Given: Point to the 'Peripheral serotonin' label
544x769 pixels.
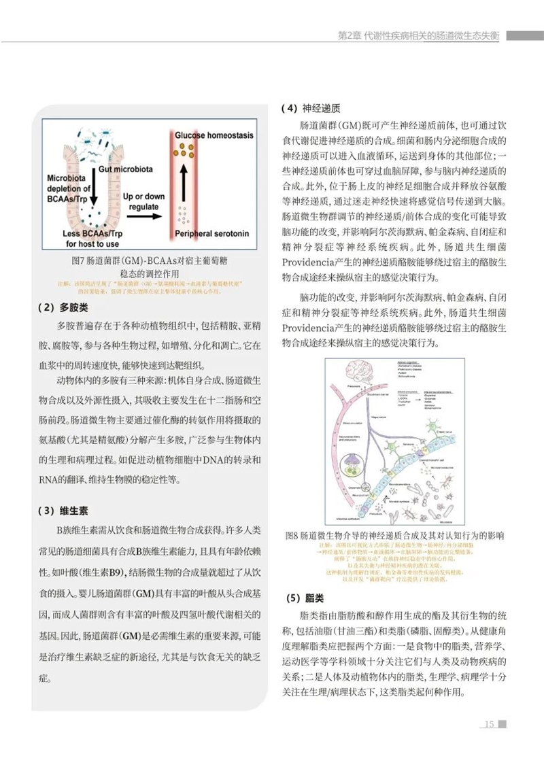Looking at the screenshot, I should click(x=211, y=233).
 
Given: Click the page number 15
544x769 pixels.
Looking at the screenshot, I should click(x=488, y=723).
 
